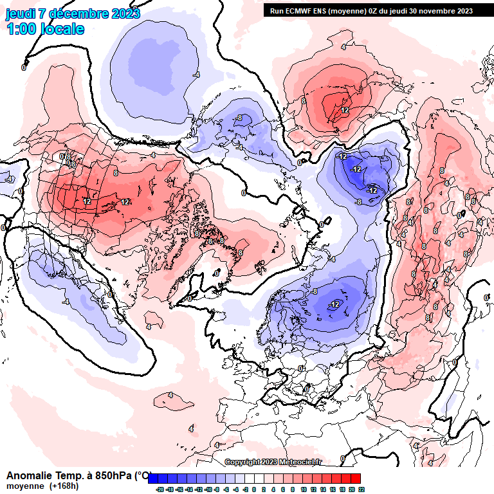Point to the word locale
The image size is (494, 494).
62,29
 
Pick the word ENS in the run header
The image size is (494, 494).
322,11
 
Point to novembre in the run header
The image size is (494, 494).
438,11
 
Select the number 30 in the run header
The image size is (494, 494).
414,11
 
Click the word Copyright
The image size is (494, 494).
242,462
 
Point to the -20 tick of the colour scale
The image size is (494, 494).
160,489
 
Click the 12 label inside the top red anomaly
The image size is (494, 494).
345,111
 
